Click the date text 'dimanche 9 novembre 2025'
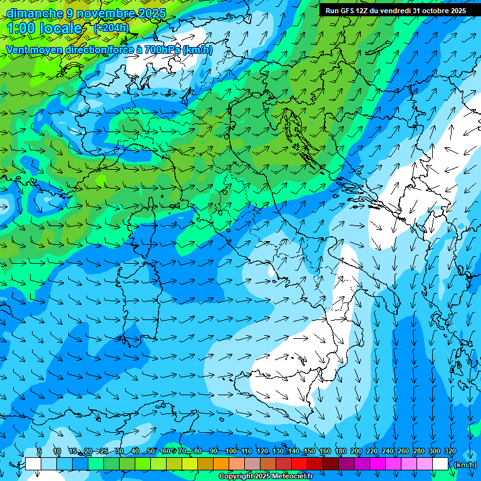click(x=86, y=13)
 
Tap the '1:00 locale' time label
click(x=44, y=28)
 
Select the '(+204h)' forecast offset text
click(x=111, y=28)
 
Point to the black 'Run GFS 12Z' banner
click(x=395, y=10)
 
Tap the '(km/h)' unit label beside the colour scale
click(x=465, y=465)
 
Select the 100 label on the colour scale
click(x=230, y=451)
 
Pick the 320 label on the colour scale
click(x=450, y=451)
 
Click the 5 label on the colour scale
click(x=39, y=451)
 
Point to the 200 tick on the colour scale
click(x=356, y=451)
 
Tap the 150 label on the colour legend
click(x=309, y=451)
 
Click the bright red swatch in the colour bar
click(x=299, y=464)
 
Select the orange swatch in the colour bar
click(x=221, y=464)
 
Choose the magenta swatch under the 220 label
click(x=378, y=464)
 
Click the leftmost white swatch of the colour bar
click(x=33, y=464)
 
